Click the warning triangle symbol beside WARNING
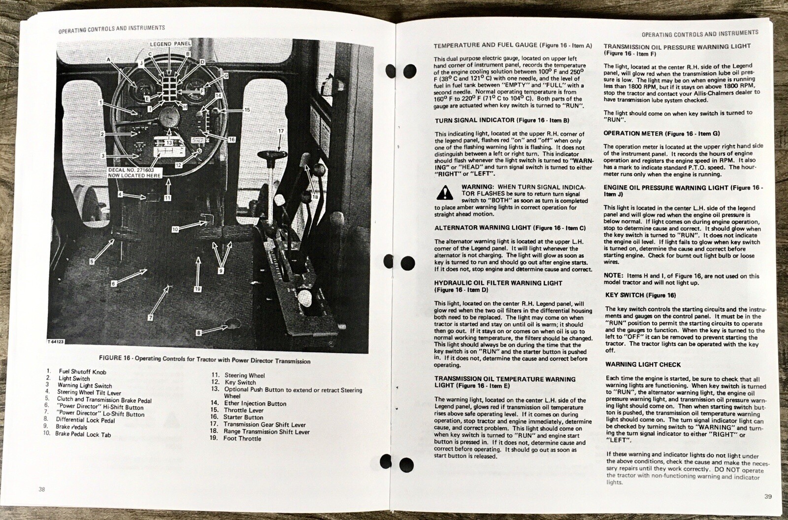coord(445,193)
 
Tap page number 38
coord(42,489)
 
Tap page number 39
coord(768,496)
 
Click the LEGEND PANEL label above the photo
coord(170,44)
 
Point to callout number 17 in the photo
coord(281,131)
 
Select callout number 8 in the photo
coord(199,332)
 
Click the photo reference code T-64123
coord(55,342)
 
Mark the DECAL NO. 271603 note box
coord(134,173)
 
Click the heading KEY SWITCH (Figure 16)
coord(641,295)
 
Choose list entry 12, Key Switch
coord(233,382)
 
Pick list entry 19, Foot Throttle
coord(236,438)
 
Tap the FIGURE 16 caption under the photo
coord(205,359)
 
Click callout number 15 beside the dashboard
coord(247,110)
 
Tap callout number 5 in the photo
coord(92,262)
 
